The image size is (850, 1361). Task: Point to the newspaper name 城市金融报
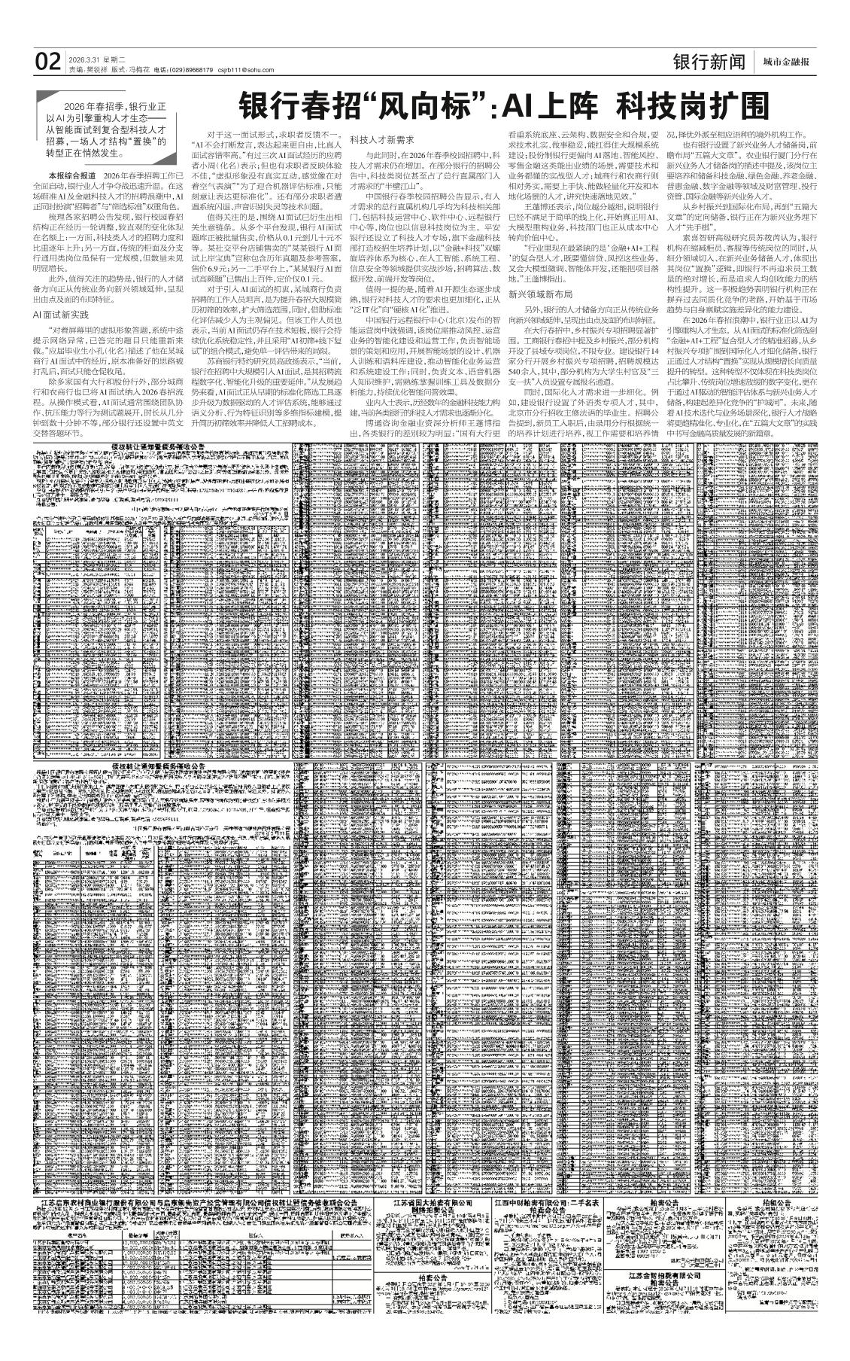point(786,62)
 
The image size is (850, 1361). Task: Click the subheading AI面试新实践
point(61,314)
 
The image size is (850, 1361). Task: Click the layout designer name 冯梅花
point(137,70)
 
